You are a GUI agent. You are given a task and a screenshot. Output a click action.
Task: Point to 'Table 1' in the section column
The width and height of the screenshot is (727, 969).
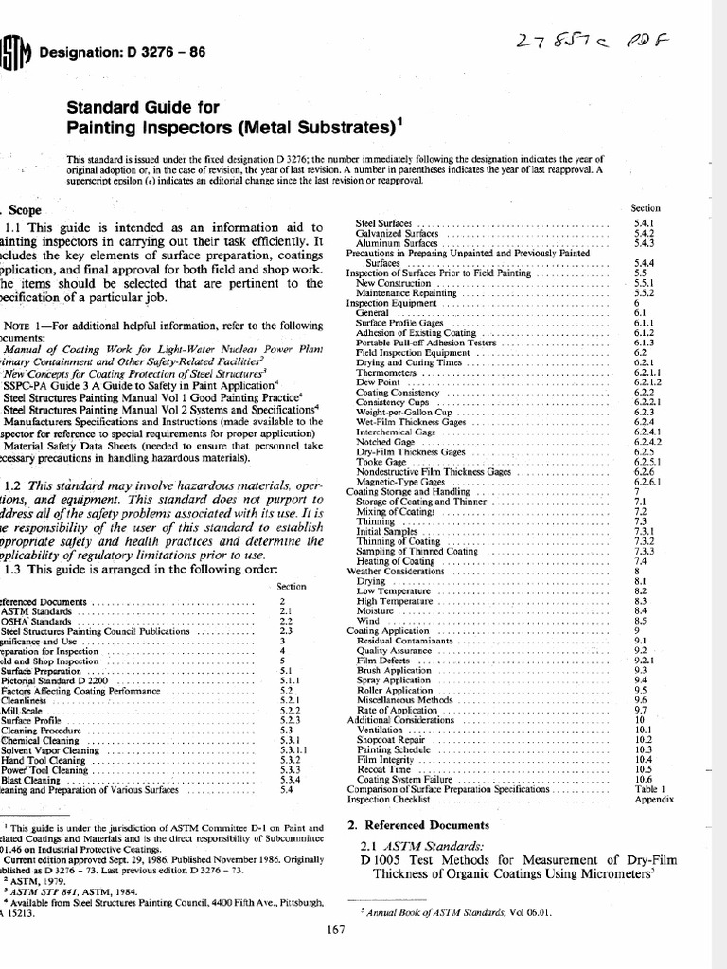click(x=647, y=788)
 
